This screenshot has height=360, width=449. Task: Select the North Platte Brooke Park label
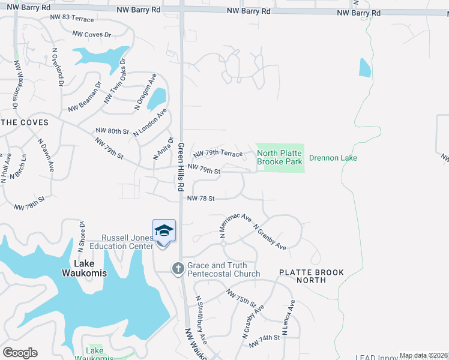[x=280, y=157]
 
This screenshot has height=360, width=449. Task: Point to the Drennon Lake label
[x=333, y=158]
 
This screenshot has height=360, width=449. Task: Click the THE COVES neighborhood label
[x=24, y=122]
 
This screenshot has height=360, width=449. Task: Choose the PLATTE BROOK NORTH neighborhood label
[x=312, y=277]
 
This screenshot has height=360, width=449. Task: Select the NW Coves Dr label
[x=92, y=35]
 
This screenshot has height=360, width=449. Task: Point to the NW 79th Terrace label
[x=218, y=154]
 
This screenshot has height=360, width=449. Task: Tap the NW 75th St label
[x=241, y=297]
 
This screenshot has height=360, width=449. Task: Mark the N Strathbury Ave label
[x=200, y=321]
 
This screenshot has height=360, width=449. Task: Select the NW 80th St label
[x=112, y=131]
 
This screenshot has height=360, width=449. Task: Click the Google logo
[x=20, y=353]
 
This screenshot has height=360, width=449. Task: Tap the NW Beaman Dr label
[x=85, y=98]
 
